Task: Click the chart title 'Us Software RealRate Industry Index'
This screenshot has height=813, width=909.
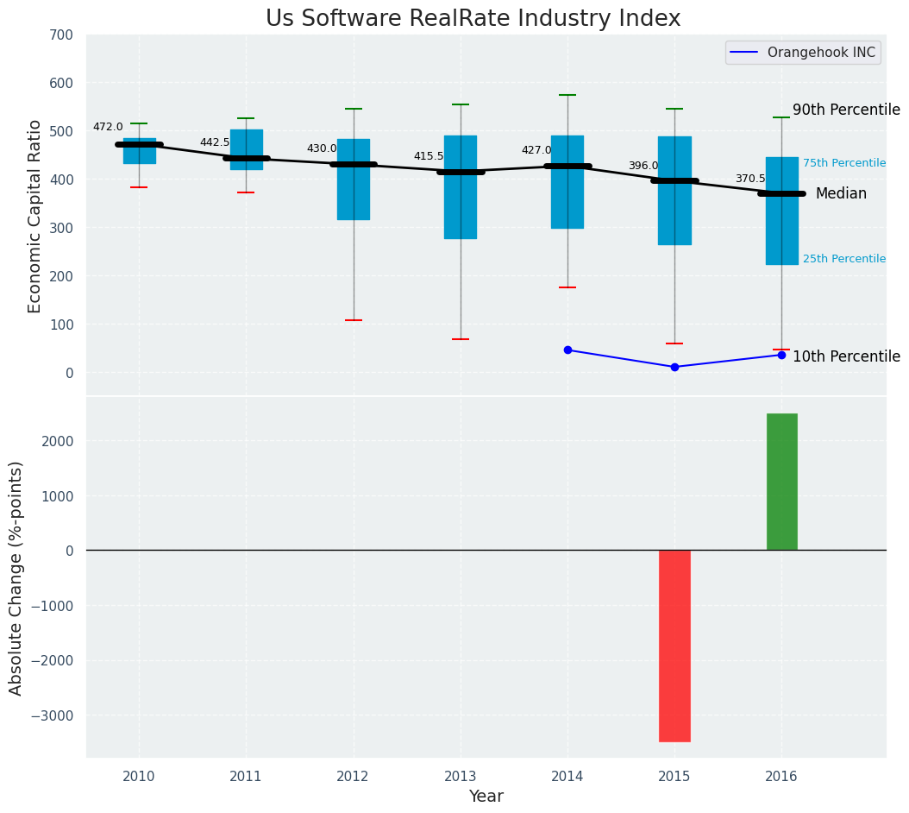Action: point(473,19)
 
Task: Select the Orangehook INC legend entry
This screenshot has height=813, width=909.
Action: point(802,53)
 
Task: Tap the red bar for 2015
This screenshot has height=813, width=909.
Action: point(674,646)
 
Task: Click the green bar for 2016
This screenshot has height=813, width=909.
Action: point(781,482)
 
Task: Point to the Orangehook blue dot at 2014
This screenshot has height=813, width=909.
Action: point(567,350)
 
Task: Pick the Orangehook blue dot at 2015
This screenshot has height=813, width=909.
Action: point(674,367)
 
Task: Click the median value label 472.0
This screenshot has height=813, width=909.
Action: point(108,127)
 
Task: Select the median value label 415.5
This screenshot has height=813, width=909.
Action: point(429,156)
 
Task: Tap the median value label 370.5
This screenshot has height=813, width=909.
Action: point(750,179)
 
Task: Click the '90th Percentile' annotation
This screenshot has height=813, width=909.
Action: point(846,110)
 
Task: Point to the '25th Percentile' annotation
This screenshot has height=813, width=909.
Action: point(843,259)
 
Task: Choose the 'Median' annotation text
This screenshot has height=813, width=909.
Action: point(841,193)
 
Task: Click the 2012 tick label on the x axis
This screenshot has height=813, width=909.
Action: point(353,777)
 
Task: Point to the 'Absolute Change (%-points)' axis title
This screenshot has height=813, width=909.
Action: point(16,577)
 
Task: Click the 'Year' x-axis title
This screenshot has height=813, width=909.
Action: point(486,797)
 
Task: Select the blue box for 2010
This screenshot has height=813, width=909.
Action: point(140,151)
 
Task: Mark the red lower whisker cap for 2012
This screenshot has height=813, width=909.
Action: point(354,320)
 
